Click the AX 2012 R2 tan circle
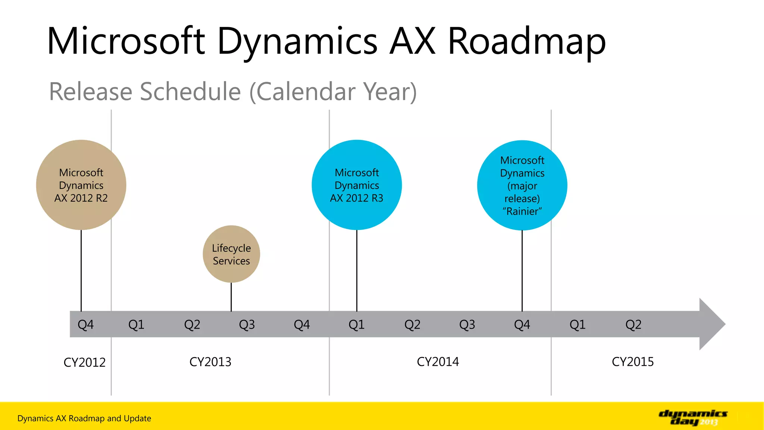[x=81, y=185]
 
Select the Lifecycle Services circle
[x=231, y=254]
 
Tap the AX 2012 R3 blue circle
[x=357, y=185]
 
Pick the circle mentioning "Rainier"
[x=522, y=185]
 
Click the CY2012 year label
[x=85, y=362]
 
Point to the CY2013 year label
[x=210, y=362]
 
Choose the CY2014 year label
[x=438, y=362]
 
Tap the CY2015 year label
[x=633, y=362]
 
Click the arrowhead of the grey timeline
[x=712, y=324]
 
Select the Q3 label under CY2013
[x=247, y=324]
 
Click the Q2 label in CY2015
[x=633, y=324]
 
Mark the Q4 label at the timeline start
[x=85, y=324]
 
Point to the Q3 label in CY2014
[x=467, y=324]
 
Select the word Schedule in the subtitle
[x=190, y=91]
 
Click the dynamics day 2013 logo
[x=693, y=417]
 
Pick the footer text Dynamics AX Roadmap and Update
[x=84, y=418]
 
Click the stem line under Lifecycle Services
[x=231, y=297]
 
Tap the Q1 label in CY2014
[x=356, y=324]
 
